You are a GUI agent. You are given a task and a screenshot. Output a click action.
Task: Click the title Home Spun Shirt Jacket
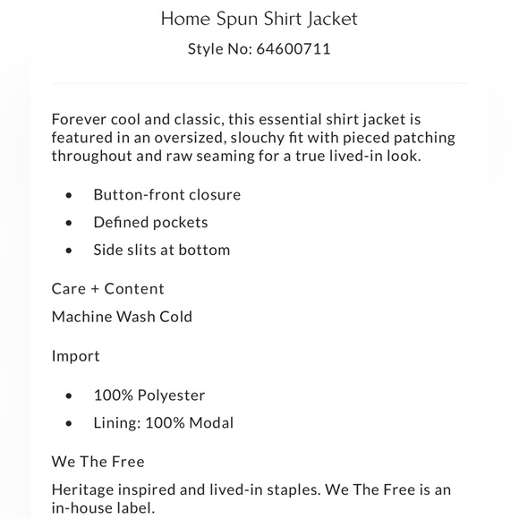pos(259,17)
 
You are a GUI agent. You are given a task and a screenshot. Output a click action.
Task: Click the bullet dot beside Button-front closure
pos(69,195)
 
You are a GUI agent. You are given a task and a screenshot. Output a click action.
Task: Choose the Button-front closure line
pos(166,194)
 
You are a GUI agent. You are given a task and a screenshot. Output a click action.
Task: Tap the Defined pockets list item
pos(150,222)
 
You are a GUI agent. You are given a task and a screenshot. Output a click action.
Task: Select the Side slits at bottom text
pos(161,250)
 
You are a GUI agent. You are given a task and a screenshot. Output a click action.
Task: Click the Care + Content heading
pos(107,288)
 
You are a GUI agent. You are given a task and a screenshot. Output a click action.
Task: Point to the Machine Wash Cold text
pos(122,316)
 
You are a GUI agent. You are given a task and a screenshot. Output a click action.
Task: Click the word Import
pos(76,355)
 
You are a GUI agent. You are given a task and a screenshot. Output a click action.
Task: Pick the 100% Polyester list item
pos(149,395)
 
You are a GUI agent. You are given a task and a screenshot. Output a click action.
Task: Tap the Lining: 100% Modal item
pos(163,422)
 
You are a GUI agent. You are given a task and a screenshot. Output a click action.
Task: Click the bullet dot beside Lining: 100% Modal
pos(69,423)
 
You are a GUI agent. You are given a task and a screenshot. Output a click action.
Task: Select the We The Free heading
pos(98,462)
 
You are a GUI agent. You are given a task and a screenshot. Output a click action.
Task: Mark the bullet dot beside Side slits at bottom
pos(69,251)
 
